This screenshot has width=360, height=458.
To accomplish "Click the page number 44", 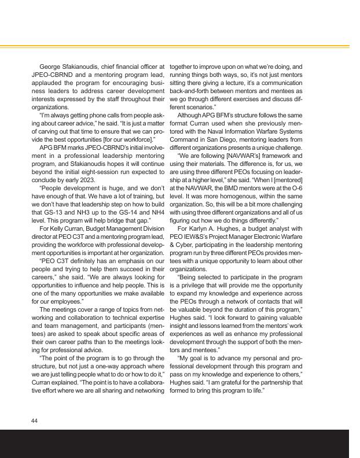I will click(x=34, y=420).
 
